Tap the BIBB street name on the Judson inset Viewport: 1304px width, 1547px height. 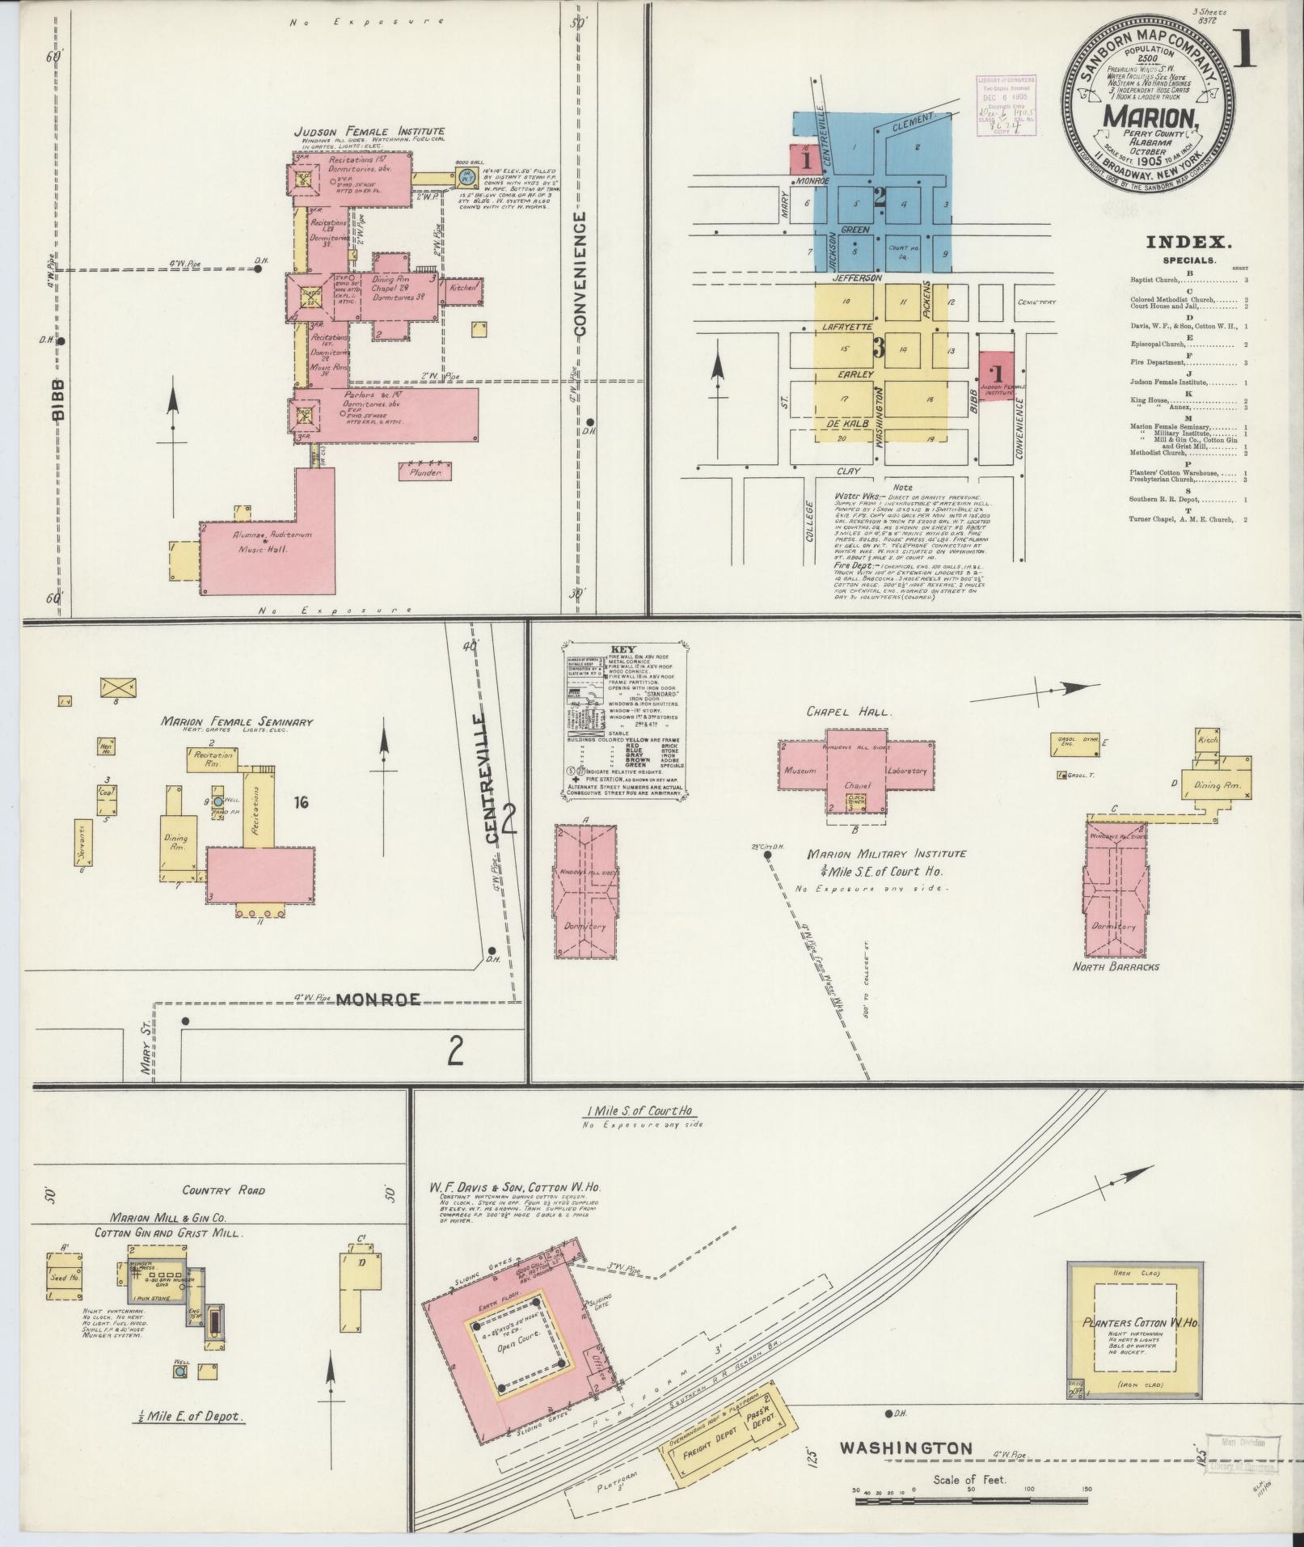click(x=58, y=400)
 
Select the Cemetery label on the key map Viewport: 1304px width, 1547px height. click(x=1037, y=302)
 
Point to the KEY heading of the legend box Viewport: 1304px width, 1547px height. click(x=623, y=649)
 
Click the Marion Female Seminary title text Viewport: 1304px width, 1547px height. click(x=236, y=722)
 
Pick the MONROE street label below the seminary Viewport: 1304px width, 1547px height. click(x=378, y=1000)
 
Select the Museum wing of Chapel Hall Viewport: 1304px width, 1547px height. click(x=802, y=771)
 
